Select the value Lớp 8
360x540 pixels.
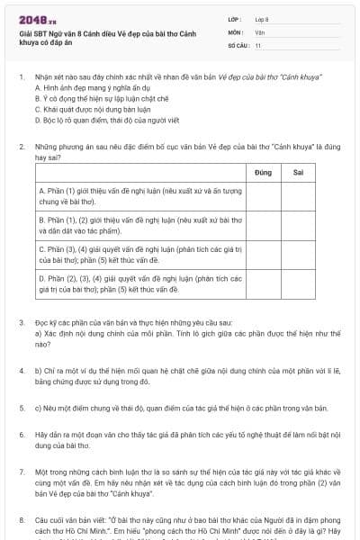[262, 19]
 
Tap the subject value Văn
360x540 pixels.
[259, 31]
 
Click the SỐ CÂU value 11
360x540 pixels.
[257, 44]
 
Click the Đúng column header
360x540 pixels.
[264, 170]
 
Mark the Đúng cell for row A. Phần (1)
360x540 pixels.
[264, 196]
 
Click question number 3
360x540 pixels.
[21, 321]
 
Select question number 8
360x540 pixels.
[21, 519]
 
